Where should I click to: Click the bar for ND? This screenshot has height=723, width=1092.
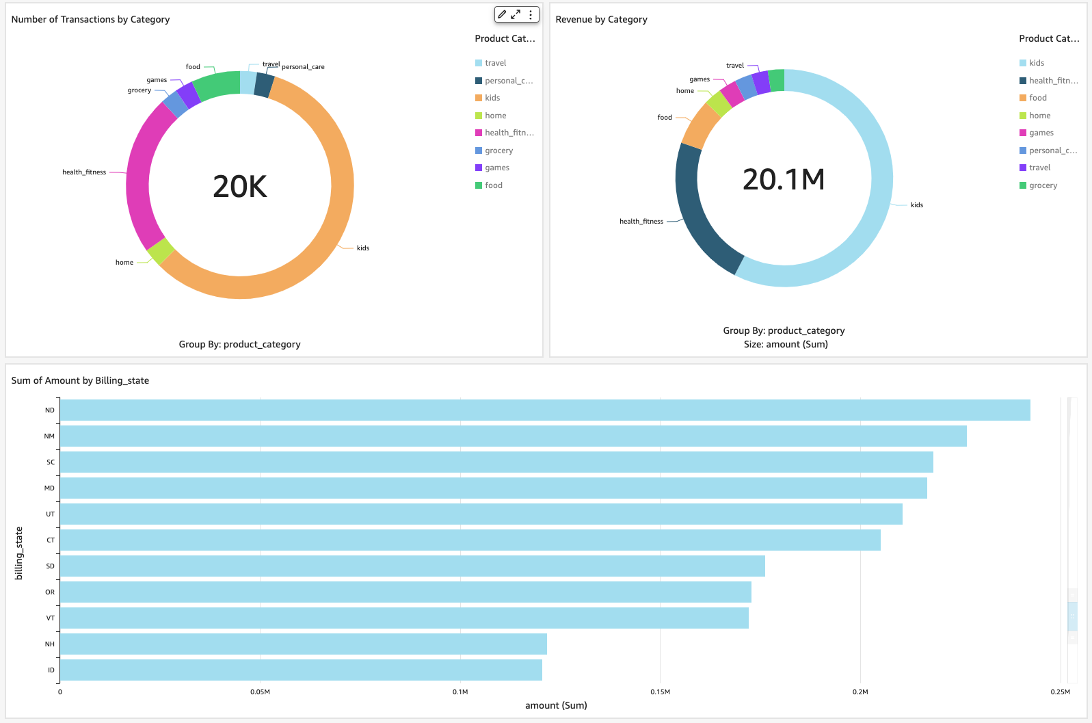[545, 410]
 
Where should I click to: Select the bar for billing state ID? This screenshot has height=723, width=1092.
[301, 670]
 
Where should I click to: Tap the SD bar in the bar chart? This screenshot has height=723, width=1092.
[412, 566]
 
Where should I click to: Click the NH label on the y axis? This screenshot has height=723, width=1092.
[50, 644]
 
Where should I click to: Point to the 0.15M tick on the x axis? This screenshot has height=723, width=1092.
[660, 692]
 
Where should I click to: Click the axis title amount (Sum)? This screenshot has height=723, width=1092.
[556, 705]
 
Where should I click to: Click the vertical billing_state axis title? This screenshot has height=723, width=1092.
[19, 553]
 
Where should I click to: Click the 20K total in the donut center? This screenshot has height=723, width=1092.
[240, 187]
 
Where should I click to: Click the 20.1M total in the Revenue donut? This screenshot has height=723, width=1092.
[784, 180]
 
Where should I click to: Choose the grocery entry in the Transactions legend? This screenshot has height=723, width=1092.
[498, 150]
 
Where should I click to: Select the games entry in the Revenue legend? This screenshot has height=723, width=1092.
[1041, 133]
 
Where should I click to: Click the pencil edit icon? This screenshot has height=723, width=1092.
[502, 14]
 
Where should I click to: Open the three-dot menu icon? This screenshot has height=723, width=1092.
[531, 14]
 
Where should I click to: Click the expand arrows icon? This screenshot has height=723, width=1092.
[516, 14]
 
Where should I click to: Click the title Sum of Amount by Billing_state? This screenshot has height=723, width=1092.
[80, 380]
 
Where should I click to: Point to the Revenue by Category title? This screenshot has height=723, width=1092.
[601, 19]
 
